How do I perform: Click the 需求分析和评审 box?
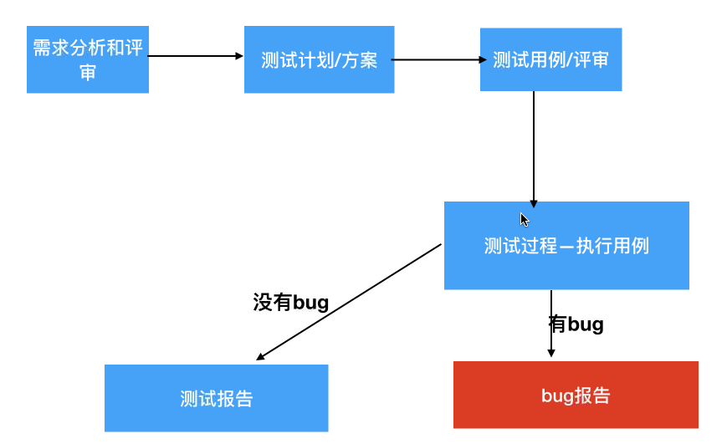pos(88,59)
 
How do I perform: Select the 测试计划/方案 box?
pos(319,60)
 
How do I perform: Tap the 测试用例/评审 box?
pos(550,60)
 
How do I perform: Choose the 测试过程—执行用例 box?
pos(566,246)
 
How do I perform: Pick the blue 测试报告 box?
pos(216,399)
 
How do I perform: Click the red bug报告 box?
pos(576,396)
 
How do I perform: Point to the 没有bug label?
pos(290,302)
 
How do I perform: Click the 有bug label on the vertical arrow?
pos(576,324)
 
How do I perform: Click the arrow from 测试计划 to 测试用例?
pos(438,60)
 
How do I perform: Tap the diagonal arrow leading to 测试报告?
pos(349,302)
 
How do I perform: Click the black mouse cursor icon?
pos(524,220)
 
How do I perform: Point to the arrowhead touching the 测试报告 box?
pos(261,357)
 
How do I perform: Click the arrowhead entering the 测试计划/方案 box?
pos(238,56)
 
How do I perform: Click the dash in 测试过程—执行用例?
pos(568,247)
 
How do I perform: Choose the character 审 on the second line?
pos(88,72)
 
